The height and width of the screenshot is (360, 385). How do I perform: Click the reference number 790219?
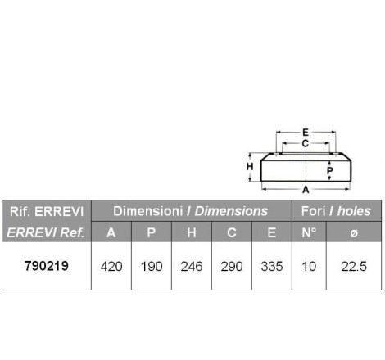47,266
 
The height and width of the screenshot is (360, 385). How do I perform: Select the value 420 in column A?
111,267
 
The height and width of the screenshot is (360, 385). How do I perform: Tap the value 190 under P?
152,267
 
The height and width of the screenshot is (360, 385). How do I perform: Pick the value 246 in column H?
192,267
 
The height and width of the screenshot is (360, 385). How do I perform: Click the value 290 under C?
232,267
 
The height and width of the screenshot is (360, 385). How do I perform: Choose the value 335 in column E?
272,267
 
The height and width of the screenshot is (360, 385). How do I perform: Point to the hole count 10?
309,267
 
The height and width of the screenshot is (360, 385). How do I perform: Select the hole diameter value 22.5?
354,267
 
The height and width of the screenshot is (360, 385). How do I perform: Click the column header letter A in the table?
111,232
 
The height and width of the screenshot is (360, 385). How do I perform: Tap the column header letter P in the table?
152,232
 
